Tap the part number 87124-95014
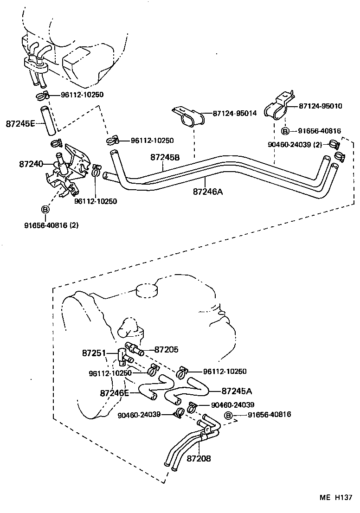tap(235, 113)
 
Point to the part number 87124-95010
tap(320, 106)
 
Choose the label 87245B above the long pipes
tap(165, 157)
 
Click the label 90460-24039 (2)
tap(295, 144)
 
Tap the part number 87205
tap(166, 349)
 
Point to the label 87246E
tap(114, 393)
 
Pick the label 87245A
tap(237, 391)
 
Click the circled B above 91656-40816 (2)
tap(45, 210)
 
